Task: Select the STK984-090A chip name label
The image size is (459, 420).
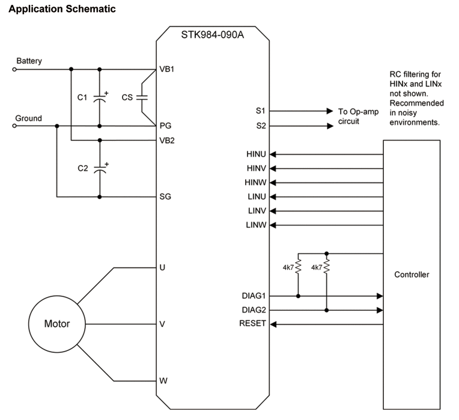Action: (x=212, y=34)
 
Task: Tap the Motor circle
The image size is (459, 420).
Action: (x=57, y=324)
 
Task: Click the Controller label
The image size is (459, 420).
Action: (x=412, y=275)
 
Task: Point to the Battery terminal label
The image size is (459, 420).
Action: (x=29, y=61)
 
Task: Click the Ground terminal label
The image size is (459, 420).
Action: (x=28, y=118)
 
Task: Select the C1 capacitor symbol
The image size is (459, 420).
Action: (x=100, y=97)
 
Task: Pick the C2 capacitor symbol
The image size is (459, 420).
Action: (x=100, y=169)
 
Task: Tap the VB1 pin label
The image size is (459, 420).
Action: (x=166, y=69)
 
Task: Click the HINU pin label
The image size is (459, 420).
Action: (x=257, y=155)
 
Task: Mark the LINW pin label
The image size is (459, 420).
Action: (x=257, y=226)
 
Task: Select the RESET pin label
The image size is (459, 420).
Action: (x=253, y=325)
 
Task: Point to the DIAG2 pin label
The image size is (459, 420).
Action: (x=254, y=310)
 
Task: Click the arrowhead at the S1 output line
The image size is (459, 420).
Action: (x=329, y=112)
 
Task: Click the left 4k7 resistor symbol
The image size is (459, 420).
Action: (x=299, y=267)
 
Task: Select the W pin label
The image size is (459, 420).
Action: (x=162, y=381)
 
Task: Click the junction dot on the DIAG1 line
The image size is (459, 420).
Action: (x=299, y=296)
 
